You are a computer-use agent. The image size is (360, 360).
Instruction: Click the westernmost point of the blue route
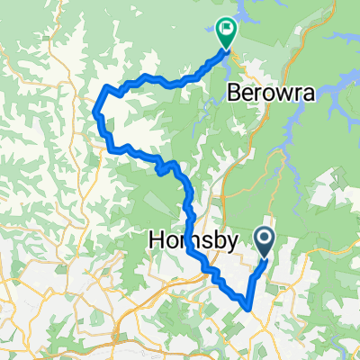click(x=95, y=112)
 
